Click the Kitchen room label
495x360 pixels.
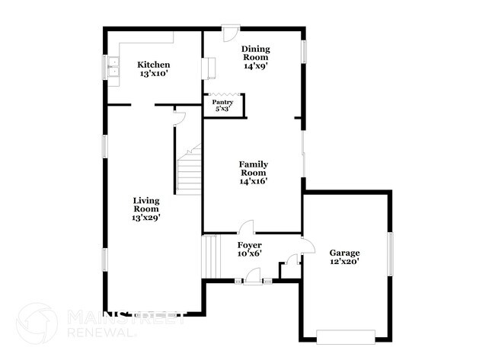coord(153,65)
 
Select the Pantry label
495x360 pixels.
coord(222,102)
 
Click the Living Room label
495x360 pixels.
coord(145,204)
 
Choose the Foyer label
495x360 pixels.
coord(249,244)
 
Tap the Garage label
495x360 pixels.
coord(344,253)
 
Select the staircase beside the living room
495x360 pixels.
coord(189,172)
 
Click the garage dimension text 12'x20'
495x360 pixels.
coord(344,262)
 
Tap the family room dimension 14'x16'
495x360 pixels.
coord(254,181)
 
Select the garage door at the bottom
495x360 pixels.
coord(346,336)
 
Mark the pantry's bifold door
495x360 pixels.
coord(222,95)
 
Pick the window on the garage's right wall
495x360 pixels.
coord(390,253)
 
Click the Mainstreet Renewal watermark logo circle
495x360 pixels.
coord(36,322)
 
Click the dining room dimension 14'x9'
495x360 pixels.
coord(256,66)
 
